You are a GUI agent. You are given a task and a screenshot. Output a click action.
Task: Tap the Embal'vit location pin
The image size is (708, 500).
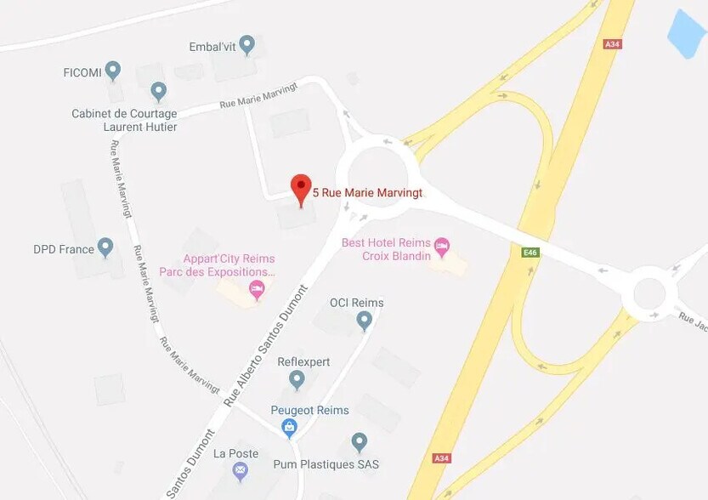point(247,43)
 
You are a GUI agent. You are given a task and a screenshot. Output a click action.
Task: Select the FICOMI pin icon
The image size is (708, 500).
point(113,69)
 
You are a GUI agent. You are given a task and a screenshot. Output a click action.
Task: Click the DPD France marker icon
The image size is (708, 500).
point(105,247)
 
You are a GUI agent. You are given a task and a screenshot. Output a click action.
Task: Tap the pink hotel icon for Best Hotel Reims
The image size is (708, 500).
point(441,247)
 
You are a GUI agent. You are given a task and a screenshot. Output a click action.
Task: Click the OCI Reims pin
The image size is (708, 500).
point(364,319)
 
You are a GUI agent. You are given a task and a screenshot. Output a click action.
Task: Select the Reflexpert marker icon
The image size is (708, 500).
point(297,378)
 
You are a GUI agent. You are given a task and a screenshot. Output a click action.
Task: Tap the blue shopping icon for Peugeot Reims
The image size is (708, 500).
point(289,426)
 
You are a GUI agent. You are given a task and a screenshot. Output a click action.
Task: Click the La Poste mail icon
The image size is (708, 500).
point(241,469)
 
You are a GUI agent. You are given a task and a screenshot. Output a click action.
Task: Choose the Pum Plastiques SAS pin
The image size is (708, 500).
point(360,441)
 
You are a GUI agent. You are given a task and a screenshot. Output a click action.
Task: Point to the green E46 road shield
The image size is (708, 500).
point(530,253)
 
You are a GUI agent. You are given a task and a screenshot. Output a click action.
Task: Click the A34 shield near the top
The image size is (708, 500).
point(612,44)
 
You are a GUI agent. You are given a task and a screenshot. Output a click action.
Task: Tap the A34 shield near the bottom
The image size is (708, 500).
point(441,458)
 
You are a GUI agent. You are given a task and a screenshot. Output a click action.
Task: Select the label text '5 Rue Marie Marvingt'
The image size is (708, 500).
point(367,193)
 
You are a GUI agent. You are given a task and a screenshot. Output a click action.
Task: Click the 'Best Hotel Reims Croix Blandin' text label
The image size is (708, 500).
point(386,249)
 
